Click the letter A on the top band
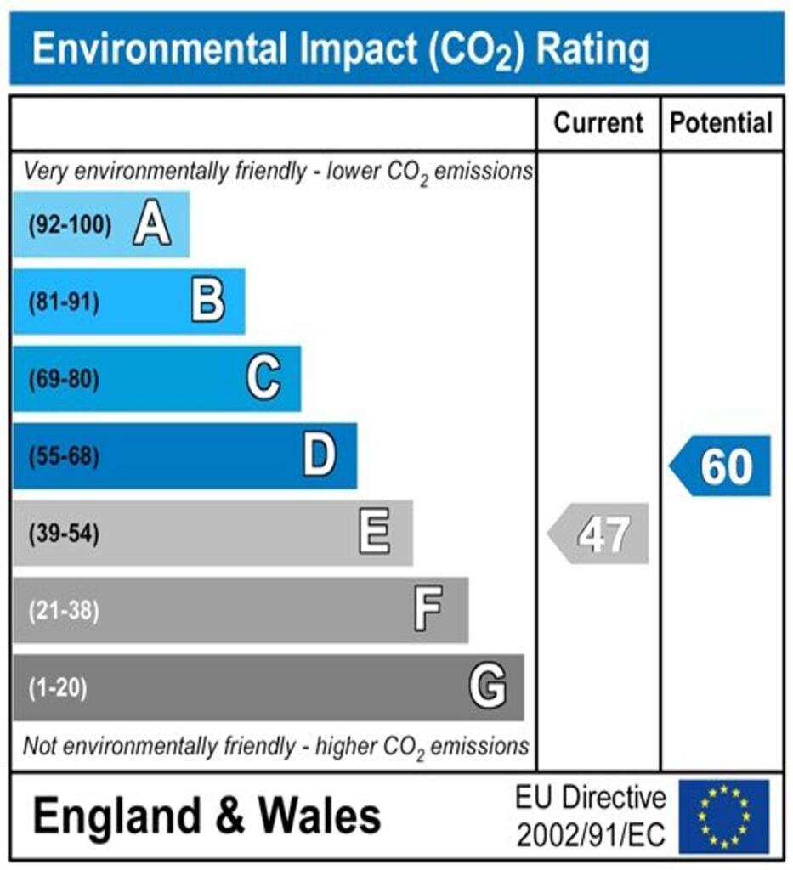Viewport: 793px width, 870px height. click(x=151, y=226)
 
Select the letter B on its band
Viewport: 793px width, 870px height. click(x=208, y=302)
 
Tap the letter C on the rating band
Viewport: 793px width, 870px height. click(x=263, y=379)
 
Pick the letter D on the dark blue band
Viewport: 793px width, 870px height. click(x=320, y=456)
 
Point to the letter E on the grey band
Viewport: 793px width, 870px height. click(x=374, y=534)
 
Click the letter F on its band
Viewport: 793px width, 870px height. click(x=428, y=610)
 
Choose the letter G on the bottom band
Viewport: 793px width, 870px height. click(x=488, y=687)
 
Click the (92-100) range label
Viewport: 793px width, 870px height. click(x=70, y=226)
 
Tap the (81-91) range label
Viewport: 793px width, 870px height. click(x=64, y=302)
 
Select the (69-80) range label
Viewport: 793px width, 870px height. click(x=64, y=379)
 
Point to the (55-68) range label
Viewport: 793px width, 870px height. click(x=64, y=456)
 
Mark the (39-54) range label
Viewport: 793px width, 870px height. click(x=64, y=534)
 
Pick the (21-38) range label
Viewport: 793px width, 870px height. click(x=64, y=610)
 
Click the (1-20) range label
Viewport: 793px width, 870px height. click(x=58, y=687)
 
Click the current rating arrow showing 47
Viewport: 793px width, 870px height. click(x=600, y=534)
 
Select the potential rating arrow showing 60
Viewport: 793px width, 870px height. click(x=722, y=466)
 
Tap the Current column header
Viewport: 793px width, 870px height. click(x=598, y=123)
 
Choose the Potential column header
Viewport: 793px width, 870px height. click(x=722, y=123)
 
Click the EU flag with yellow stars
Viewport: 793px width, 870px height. click(x=722, y=816)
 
